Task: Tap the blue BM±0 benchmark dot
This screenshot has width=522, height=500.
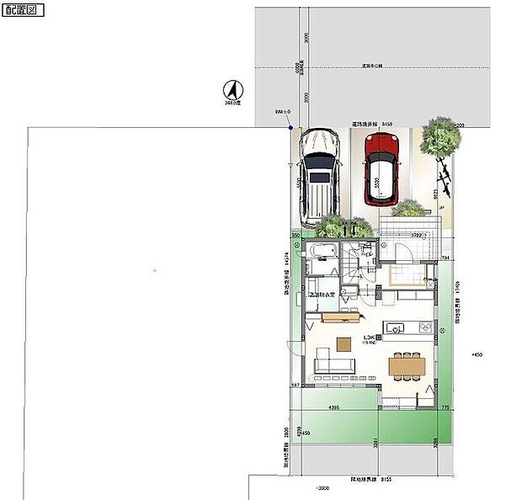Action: [290, 128]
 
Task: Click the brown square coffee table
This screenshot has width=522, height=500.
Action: [343, 343]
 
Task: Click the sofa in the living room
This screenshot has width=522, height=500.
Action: [334, 365]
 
